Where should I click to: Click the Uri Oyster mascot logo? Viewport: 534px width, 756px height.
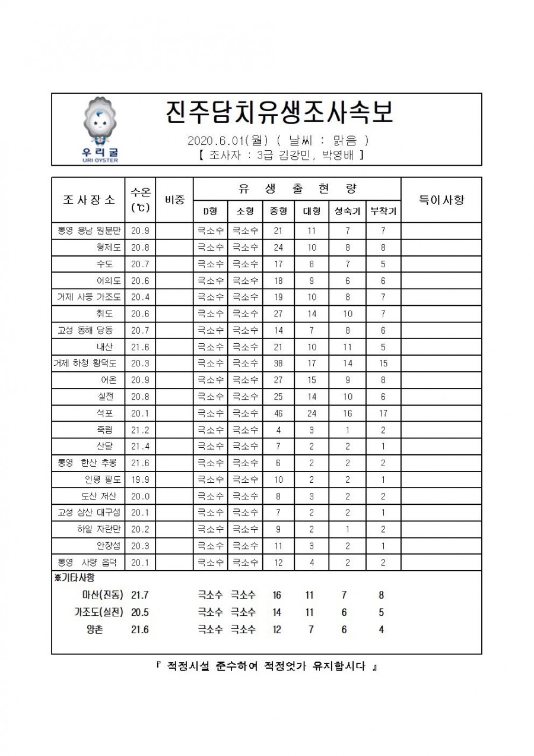[x=100, y=130]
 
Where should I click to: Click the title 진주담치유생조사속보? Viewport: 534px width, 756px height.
[x=278, y=113]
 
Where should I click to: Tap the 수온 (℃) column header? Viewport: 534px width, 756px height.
[x=140, y=200]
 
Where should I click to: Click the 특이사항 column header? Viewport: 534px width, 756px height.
[x=441, y=200]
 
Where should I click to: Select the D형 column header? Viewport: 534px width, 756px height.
[x=210, y=211]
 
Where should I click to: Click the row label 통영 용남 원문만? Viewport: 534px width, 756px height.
[x=89, y=230]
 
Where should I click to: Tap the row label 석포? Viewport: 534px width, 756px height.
[x=106, y=413]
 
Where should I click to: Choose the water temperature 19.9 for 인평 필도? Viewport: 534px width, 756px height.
[x=140, y=479]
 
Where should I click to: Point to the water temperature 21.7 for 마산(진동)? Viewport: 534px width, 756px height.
[x=140, y=594]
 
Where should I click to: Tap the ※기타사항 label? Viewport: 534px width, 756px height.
[x=75, y=577]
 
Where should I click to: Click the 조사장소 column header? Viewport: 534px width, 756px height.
[x=89, y=200]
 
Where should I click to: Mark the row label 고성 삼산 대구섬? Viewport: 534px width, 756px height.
[x=89, y=513]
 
